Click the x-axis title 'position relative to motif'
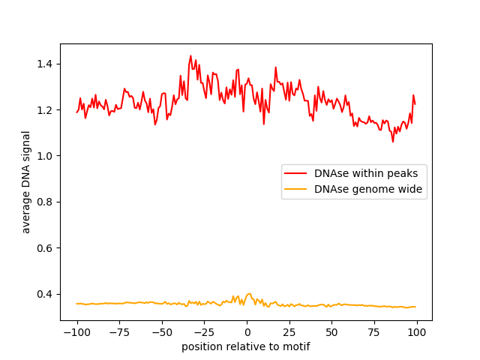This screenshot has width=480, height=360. pos(246,346)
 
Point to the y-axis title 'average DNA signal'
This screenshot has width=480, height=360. pos(26,182)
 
